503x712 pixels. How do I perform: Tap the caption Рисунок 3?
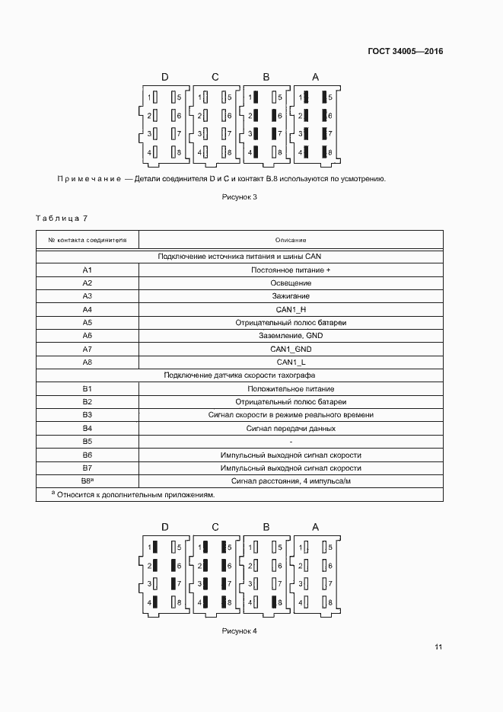point(240,197)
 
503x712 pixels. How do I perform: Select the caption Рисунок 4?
point(240,631)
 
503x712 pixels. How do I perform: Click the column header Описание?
point(291,240)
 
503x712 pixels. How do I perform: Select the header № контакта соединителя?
point(88,240)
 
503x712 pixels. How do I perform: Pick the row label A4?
point(87,309)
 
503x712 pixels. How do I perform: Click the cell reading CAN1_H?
point(291,309)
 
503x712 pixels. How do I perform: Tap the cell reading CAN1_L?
point(291,362)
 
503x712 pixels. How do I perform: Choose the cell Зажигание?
point(291,296)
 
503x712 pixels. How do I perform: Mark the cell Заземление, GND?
point(291,336)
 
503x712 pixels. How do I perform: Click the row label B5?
point(87,441)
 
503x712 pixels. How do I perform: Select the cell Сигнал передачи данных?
point(291,428)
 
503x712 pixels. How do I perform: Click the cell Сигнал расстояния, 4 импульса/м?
point(291,481)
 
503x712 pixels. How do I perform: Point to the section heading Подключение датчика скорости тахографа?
point(240,375)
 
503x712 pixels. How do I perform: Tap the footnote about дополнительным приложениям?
point(133,495)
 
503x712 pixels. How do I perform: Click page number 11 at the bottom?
point(438,647)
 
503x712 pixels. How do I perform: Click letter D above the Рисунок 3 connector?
point(164,77)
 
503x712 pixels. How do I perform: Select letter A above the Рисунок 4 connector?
point(316,527)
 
